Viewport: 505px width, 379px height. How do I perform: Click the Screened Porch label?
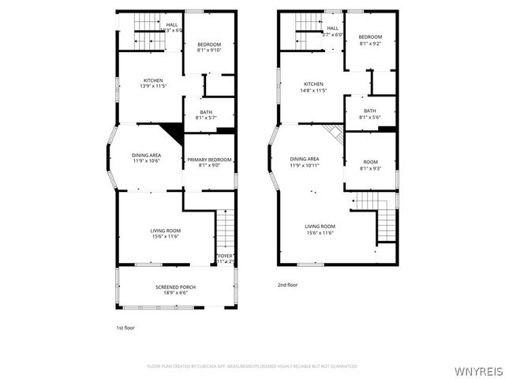point(175,287)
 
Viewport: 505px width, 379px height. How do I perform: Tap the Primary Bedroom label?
point(209,160)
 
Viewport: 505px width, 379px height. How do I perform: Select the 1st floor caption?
point(125,327)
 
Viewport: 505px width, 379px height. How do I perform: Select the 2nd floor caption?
point(287,284)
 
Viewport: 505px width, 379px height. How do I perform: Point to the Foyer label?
point(226,255)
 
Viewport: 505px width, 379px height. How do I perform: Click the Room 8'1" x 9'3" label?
point(370,162)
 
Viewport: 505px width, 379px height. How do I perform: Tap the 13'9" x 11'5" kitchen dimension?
point(153,85)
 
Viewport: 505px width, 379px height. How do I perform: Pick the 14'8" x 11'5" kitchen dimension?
point(314,91)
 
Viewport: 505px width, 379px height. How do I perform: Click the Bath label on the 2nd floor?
point(370,111)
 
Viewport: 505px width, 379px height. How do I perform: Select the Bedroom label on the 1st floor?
point(209,44)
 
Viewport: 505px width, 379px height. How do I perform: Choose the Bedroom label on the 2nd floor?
point(370,37)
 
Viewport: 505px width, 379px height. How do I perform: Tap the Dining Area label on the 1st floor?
point(147,155)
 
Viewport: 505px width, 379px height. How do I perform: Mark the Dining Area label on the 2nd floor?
point(305,159)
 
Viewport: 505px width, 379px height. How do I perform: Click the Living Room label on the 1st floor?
point(166,231)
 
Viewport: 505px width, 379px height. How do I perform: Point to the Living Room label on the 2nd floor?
point(320,227)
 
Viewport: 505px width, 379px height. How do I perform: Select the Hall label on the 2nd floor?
point(333,28)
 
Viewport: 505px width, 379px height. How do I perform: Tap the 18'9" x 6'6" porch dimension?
point(175,293)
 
